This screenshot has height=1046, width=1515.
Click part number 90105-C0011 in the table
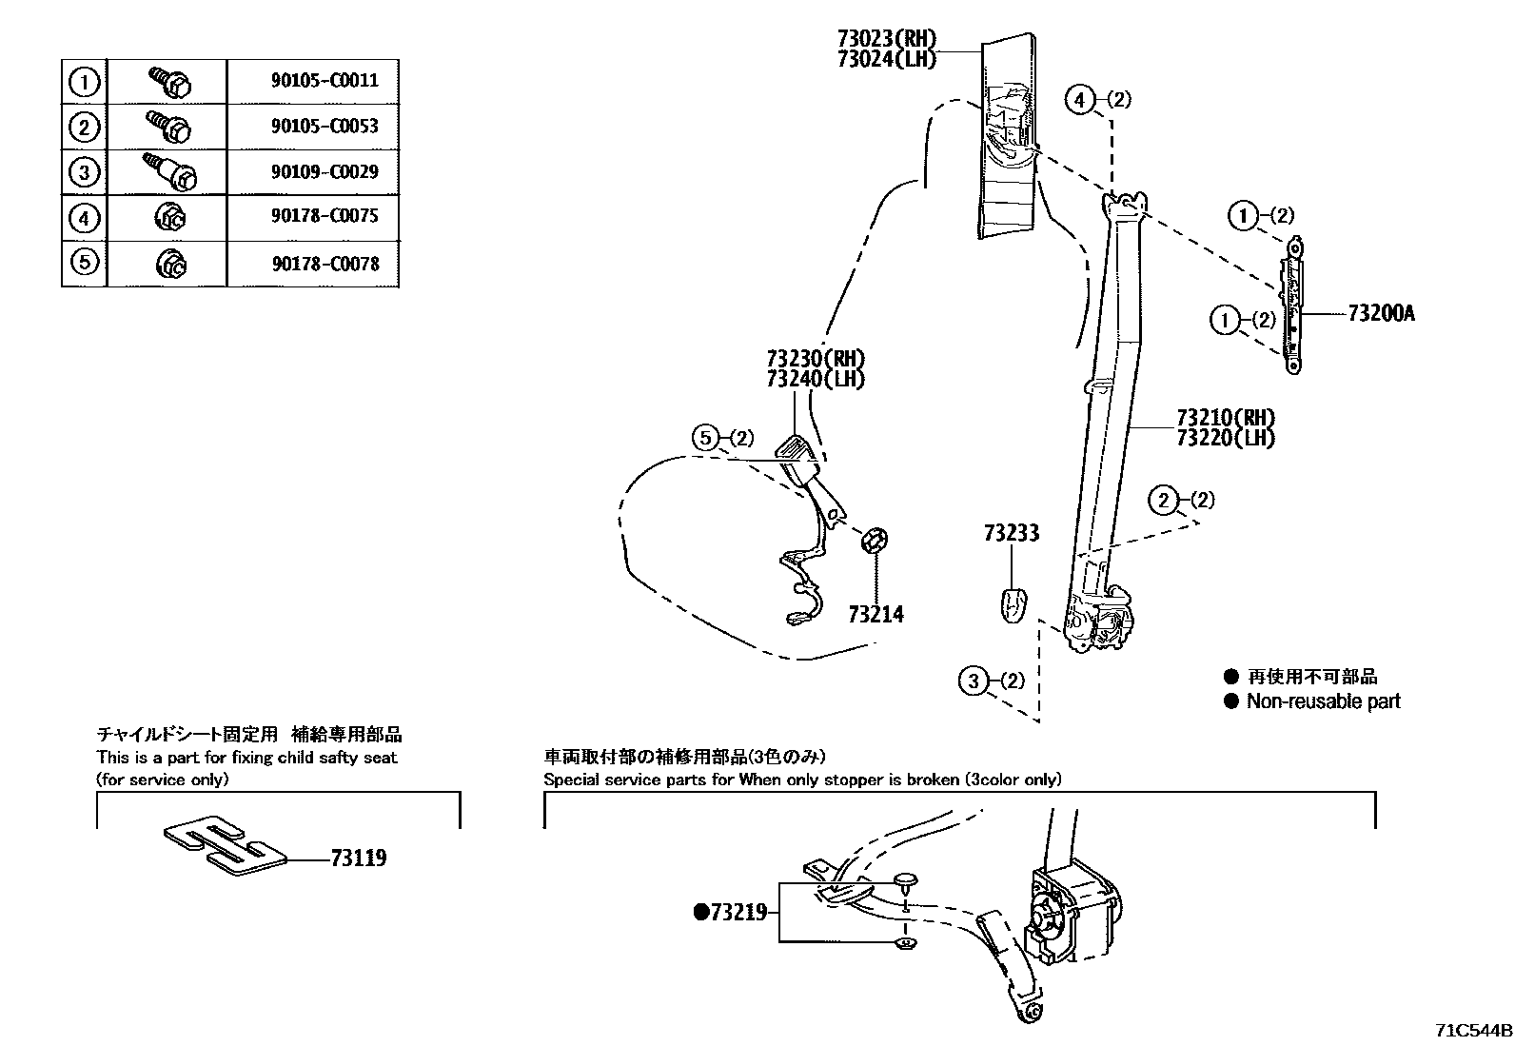[324, 81]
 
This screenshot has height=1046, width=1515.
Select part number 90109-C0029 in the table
[324, 172]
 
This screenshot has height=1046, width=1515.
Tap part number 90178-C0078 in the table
[324, 264]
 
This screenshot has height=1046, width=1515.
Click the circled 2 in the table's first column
[85, 127]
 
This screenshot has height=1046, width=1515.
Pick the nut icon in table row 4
[169, 219]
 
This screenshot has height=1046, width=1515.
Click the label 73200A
[1380, 313]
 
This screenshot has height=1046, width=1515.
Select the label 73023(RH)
[887, 39]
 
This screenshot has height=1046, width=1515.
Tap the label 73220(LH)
[1225, 438]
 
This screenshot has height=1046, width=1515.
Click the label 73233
[1011, 534]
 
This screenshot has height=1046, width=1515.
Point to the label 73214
[876, 615]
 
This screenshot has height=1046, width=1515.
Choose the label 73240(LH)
[816, 379]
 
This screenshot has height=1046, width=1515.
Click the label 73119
[359, 859]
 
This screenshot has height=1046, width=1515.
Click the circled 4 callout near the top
[1079, 99]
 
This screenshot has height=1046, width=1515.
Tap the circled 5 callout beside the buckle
[705, 438]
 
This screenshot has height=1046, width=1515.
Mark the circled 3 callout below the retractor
[973, 681]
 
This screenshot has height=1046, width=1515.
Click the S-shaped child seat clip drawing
[226, 843]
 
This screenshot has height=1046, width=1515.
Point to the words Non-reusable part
[1323, 701]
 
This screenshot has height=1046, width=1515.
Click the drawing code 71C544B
[1473, 1030]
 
